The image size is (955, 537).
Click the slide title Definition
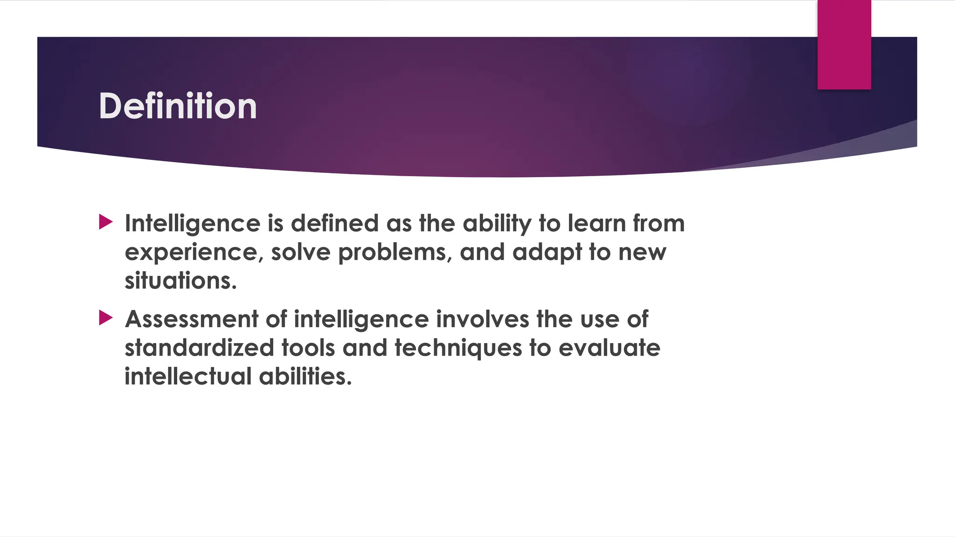pyautogui.click(x=178, y=106)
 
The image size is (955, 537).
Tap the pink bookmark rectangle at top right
pyautogui.click(x=844, y=45)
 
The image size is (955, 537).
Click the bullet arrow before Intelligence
pyautogui.click(x=106, y=222)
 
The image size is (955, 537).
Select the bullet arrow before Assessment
pyautogui.click(x=106, y=318)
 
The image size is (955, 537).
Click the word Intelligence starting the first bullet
pyautogui.click(x=192, y=224)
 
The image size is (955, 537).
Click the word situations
pyautogui.click(x=180, y=281)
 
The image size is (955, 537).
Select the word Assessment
pyautogui.click(x=192, y=319)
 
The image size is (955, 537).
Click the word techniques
pyautogui.click(x=458, y=348)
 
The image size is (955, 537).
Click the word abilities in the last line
pyautogui.click(x=305, y=376)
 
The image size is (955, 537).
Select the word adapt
pyautogui.click(x=547, y=253)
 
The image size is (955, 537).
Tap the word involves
pyautogui.click(x=482, y=319)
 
